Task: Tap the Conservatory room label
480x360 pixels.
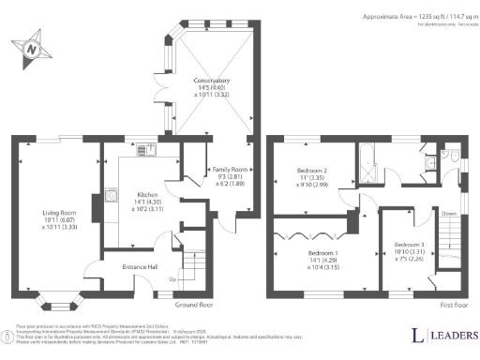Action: coord(205,87)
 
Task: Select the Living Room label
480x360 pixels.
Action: coord(57,219)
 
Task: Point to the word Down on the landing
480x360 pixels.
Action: coord(450,214)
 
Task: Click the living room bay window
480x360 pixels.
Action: coord(58,302)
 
